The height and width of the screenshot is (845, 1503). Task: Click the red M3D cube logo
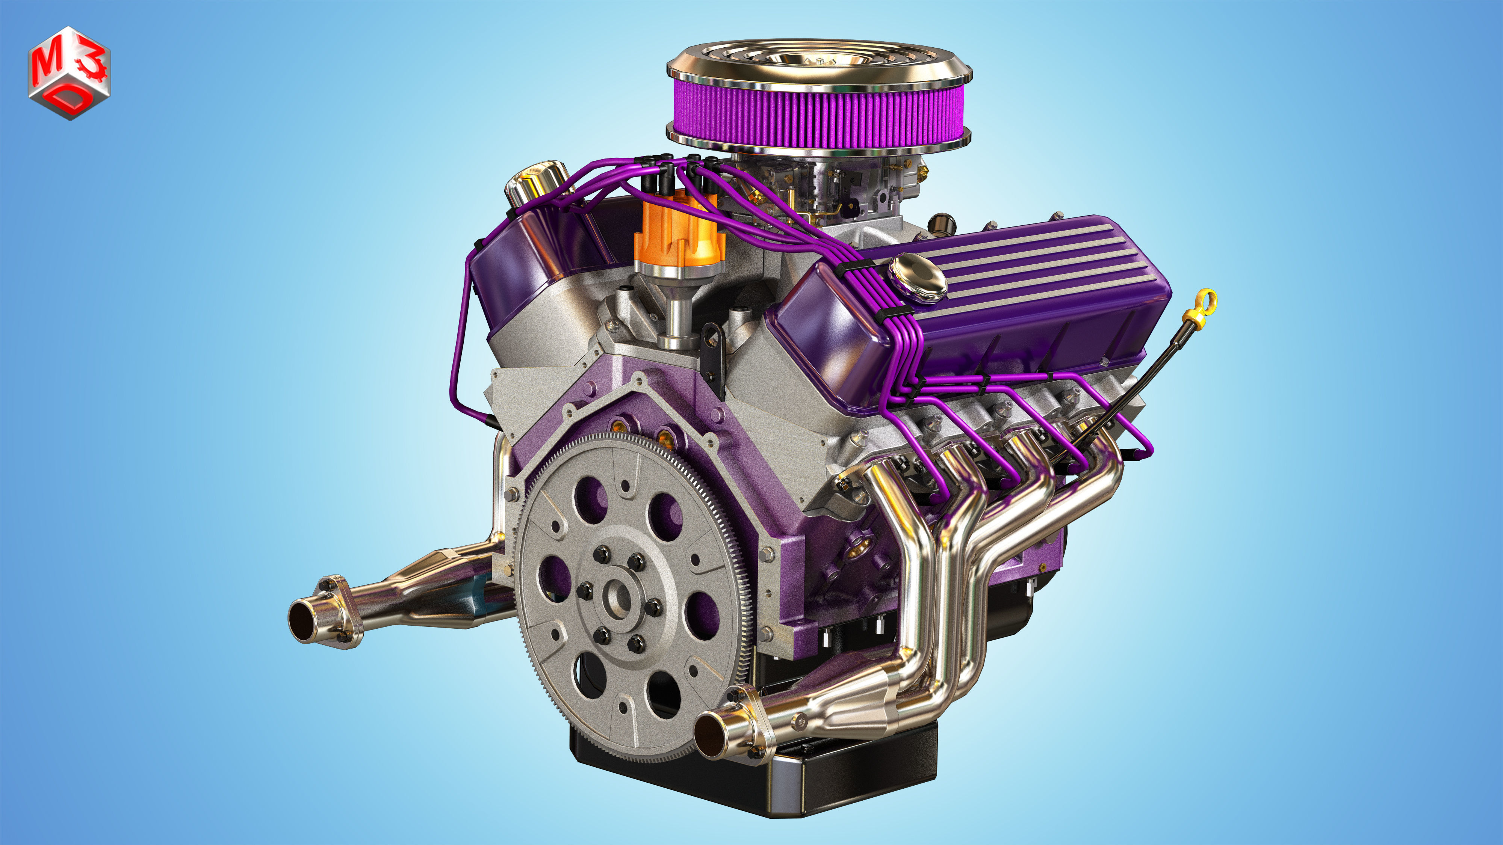pyautogui.click(x=69, y=73)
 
